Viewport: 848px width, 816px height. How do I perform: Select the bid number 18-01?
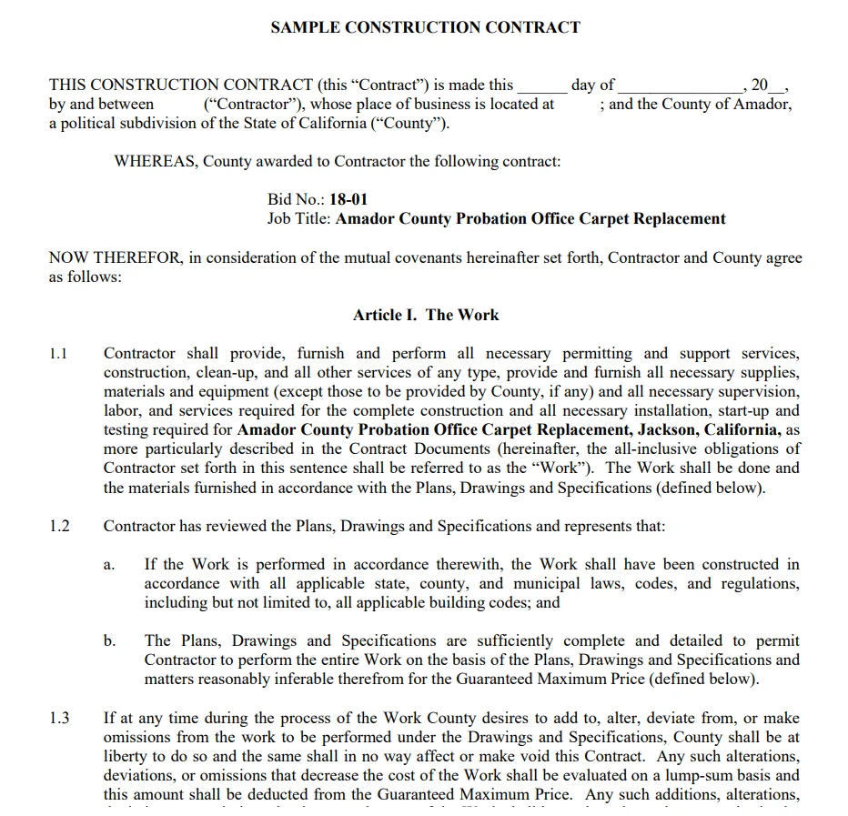[348, 199]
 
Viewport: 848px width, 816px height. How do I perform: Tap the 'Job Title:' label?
[299, 218]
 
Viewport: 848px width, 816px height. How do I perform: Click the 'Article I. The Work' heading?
[426, 315]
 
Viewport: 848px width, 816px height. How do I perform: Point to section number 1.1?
[59, 353]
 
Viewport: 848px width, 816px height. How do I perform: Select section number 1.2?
[59, 526]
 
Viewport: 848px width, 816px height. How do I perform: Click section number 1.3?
[59, 718]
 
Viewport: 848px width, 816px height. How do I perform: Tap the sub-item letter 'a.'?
[108, 565]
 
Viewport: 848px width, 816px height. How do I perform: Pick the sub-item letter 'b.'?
[109, 640]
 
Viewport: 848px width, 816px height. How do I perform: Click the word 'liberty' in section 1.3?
[126, 756]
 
